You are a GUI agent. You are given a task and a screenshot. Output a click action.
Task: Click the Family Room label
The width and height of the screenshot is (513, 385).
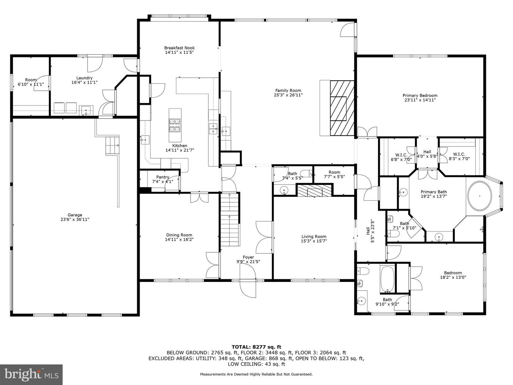pos(288,91)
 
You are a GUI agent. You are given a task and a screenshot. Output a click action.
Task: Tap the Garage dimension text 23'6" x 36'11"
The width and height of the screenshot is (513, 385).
pos(75,220)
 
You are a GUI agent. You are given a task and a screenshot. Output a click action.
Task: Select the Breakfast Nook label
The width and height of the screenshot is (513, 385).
pos(179,48)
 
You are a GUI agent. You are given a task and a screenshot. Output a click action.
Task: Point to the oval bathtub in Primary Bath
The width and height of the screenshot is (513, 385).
pos(480,196)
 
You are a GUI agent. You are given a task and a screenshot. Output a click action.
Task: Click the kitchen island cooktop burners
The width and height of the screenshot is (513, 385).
pos(175,125)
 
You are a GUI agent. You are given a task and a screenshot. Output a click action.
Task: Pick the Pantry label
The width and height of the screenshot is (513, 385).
pos(163,177)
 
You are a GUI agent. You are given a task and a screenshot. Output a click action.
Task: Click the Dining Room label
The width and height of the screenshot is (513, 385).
pos(179,235)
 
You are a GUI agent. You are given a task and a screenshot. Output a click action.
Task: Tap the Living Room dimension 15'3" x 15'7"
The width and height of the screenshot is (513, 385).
pos(314,241)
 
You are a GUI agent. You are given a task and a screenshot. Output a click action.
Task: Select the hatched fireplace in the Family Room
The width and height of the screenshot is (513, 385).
pos(342,108)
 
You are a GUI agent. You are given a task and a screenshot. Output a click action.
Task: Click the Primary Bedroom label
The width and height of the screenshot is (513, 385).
pos(420,96)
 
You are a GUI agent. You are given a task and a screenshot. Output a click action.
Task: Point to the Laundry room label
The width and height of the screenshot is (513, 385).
pos(84,78)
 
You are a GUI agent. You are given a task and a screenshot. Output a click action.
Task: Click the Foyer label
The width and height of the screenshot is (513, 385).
pos(248,257)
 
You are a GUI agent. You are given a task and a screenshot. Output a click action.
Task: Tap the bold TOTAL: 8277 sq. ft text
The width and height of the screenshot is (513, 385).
pos(256,347)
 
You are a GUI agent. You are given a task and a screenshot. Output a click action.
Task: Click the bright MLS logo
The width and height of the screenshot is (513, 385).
pos(31,375)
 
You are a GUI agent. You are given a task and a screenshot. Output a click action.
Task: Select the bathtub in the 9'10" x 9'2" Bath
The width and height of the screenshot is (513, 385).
pos(387,279)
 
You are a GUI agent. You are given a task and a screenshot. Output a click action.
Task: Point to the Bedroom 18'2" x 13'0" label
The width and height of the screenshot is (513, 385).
pos(453,273)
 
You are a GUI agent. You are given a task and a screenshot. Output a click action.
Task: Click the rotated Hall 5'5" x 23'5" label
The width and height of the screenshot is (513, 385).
pos(370,231)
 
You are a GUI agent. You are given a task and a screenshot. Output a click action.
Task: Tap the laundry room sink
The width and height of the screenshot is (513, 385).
pos(86,110)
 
